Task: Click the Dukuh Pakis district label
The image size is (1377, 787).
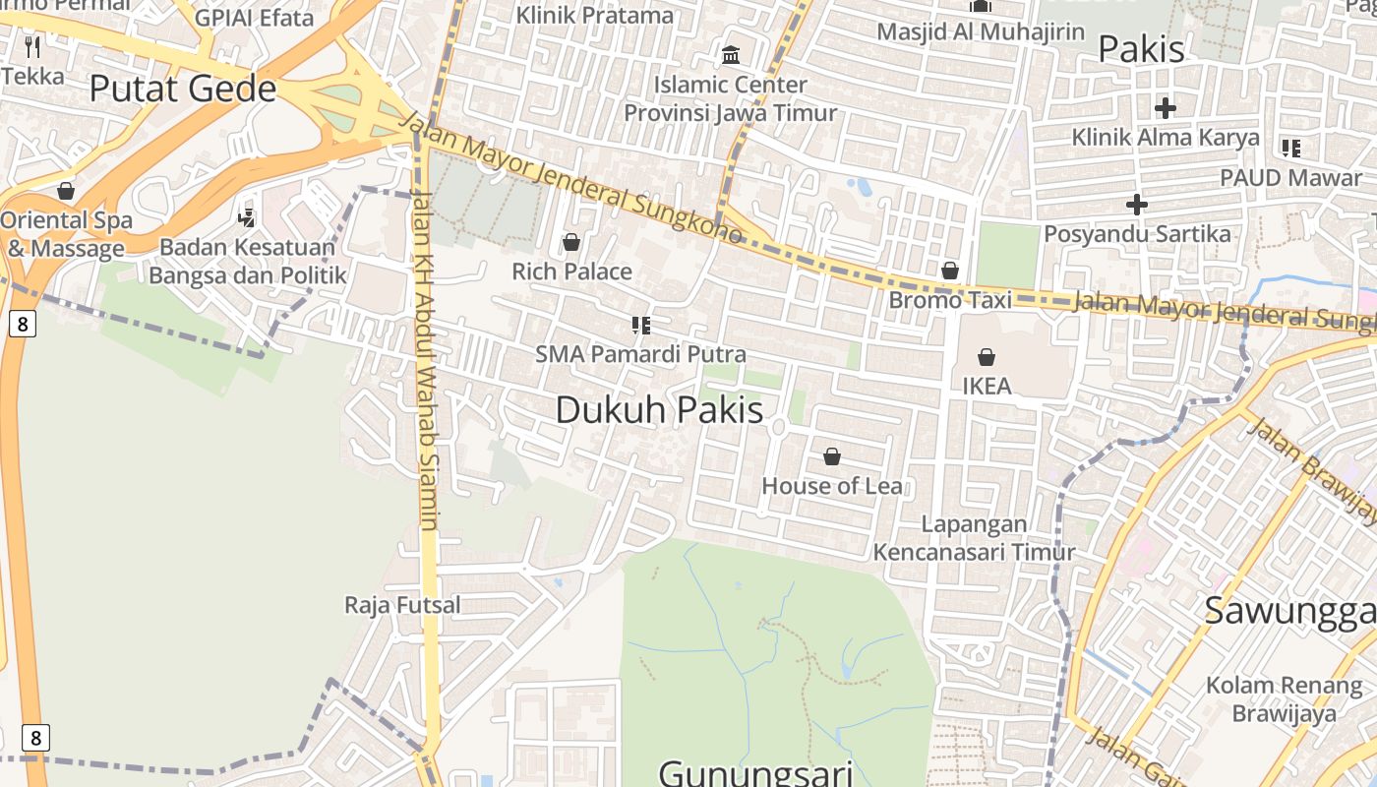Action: [x=659, y=409]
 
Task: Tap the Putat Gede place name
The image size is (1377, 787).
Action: [x=183, y=89]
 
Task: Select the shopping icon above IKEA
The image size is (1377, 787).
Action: [x=987, y=357]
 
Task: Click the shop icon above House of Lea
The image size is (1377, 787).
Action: [x=832, y=456]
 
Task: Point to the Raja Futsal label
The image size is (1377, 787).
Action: [x=402, y=604]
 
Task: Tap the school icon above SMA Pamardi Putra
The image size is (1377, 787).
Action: [x=641, y=325]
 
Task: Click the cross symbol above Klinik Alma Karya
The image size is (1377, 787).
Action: [x=1166, y=108]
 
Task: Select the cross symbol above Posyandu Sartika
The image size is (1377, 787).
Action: [x=1137, y=205]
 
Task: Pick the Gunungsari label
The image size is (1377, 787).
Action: [x=755, y=771]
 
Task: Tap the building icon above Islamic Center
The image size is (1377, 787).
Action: [x=731, y=55]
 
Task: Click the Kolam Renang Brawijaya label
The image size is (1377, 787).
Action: [x=1284, y=698]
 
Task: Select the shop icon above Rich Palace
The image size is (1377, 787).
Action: [x=571, y=242]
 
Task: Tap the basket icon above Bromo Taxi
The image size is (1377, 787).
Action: [x=950, y=271]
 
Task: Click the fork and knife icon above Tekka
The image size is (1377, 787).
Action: [x=32, y=46]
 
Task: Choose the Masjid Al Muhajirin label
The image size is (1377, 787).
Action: [x=981, y=30]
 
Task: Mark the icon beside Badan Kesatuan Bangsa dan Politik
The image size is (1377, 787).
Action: [x=247, y=217]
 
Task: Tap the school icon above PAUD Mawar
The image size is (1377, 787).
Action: [x=1291, y=149]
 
